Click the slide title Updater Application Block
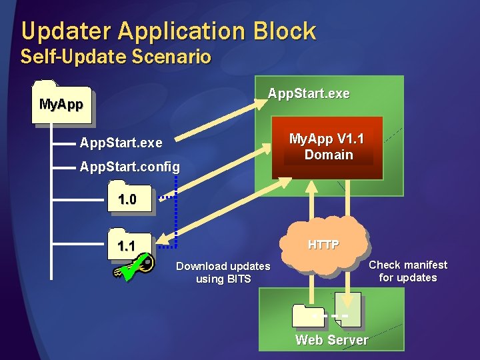(x=168, y=31)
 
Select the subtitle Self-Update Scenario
(x=116, y=57)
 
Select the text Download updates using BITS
(x=223, y=273)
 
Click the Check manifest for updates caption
(x=408, y=271)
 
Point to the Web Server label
(x=331, y=340)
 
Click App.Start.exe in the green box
(x=309, y=94)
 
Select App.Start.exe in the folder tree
(x=121, y=143)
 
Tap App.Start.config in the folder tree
(x=129, y=167)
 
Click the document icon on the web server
(x=349, y=309)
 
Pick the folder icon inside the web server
(x=310, y=315)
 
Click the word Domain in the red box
(x=329, y=155)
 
